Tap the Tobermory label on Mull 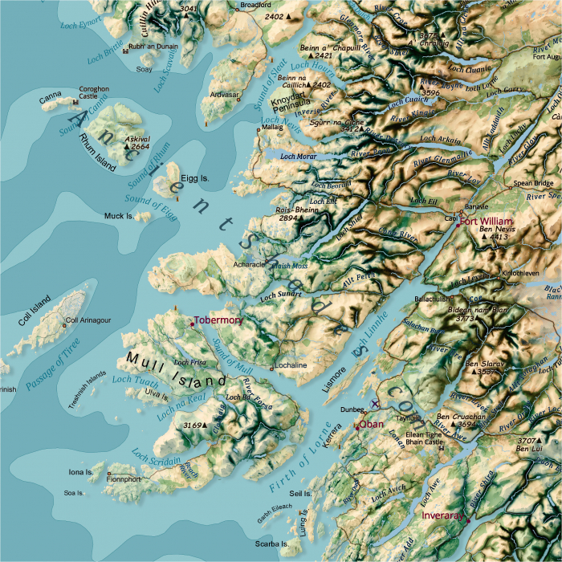coord(218,320)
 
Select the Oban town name coord(371,423)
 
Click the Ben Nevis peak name coord(495,230)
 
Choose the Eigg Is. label coord(195,177)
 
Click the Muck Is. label coord(119,216)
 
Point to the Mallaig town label coord(272,127)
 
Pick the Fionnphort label coord(124,479)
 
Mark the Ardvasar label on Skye coord(225,95)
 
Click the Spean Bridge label coord(533,183)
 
